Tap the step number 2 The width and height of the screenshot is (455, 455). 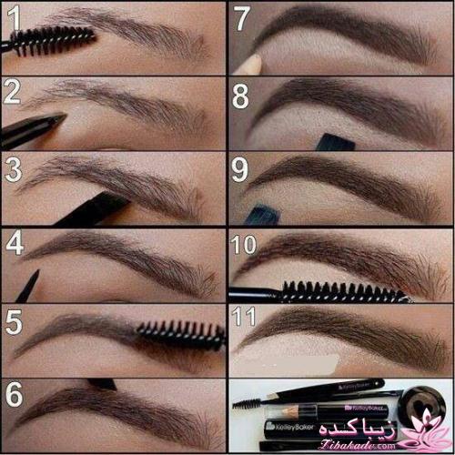[13, 91]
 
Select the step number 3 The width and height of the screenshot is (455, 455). [13, 168]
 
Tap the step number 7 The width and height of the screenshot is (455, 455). [241, 17]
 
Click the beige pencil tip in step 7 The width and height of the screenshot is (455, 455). [252, 62]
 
